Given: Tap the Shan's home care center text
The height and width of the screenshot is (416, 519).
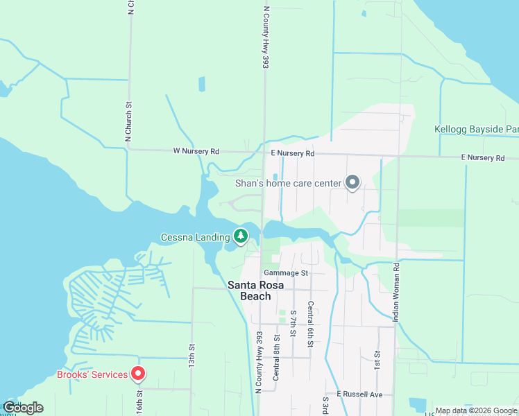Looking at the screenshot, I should pos(289,183).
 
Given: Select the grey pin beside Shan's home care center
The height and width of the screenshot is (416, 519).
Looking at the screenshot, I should pos(352,182).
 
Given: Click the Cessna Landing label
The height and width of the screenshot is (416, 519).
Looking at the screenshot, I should pos(195,237).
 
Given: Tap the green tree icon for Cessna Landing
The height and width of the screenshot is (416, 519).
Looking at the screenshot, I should pos(241,236).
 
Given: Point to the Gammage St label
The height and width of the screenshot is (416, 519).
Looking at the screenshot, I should pos(285,273).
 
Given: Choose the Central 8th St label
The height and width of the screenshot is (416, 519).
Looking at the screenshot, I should pos(277,357).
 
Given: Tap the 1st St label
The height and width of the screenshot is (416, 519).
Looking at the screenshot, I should pos(377,358).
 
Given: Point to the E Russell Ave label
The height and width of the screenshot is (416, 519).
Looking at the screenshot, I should pos(360,394).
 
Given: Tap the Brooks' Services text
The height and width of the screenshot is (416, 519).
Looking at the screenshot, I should pos(92,375).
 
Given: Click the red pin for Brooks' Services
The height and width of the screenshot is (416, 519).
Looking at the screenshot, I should pos(138,374).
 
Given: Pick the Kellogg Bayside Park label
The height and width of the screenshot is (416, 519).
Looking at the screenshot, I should pos(477,129).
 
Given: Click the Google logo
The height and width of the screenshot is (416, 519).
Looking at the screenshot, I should pos(22,408).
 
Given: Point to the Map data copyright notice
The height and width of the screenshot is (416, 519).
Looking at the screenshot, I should pos(477,410).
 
